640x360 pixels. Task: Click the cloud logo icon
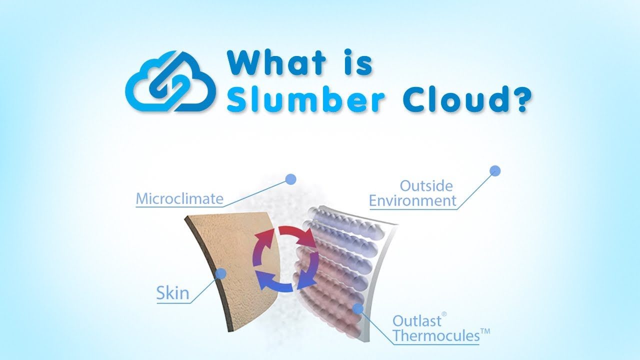pos(170,81)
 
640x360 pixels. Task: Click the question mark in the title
pos(518,98)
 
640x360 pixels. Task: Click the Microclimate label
pos(179,198)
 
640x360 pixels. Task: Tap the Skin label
pos(172,293)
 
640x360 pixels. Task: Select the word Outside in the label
pos(426,186)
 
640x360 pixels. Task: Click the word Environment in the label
pos(412,200)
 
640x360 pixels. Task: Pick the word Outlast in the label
pos(417,321)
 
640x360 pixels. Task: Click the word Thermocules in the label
pos(436,335)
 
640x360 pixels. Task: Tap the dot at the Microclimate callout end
pos(290,179)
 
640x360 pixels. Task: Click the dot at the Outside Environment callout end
pos(495,171)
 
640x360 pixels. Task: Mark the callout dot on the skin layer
pos(220,273)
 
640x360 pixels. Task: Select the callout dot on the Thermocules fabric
pos(358,308)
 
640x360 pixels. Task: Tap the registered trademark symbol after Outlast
pos(444,314)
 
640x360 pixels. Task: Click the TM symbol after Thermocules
pos(485,331)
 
